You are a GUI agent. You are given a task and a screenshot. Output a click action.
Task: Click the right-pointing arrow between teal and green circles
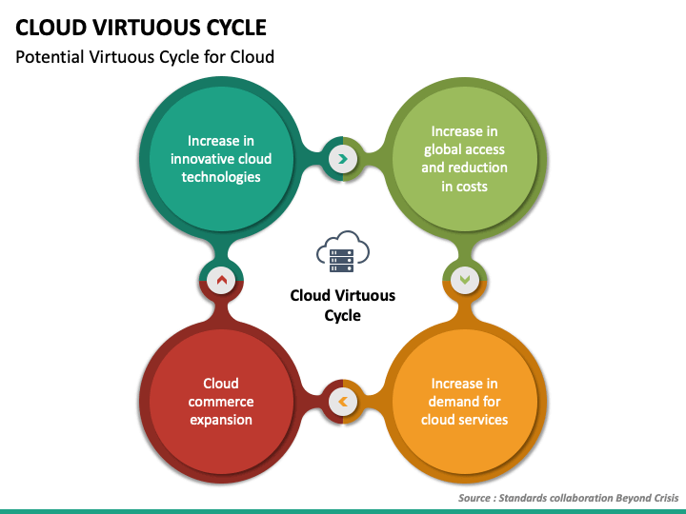click(343, 159)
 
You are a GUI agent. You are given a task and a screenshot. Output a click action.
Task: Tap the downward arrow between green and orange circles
click(465, 280)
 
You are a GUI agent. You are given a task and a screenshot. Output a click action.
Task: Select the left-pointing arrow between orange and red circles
click(343, 402)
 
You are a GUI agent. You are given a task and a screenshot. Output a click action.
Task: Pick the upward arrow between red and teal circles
click(222, 280)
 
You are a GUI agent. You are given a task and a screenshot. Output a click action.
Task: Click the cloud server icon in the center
click(343, 251)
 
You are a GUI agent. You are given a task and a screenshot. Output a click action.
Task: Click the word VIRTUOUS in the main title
click(146, 28)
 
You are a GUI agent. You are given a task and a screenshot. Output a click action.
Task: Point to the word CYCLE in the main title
click(236, 28)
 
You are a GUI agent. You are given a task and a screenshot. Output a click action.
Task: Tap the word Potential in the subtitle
click(50, 57)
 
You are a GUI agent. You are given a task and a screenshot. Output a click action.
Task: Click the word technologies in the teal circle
click(221, 177)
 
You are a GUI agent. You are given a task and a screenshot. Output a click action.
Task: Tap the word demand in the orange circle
click(452, 402)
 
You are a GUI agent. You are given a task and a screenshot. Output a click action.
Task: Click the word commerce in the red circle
click(221, 402)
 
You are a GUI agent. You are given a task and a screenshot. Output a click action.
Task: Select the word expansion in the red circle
click(221, 420)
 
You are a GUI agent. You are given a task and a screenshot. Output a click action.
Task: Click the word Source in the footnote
click(474, 498)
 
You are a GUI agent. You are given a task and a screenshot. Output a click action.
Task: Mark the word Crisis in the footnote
click(666, 498)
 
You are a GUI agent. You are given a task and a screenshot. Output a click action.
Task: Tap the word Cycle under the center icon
click(343, 316)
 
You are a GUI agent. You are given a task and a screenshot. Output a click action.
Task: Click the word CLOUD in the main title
click(50, 28)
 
